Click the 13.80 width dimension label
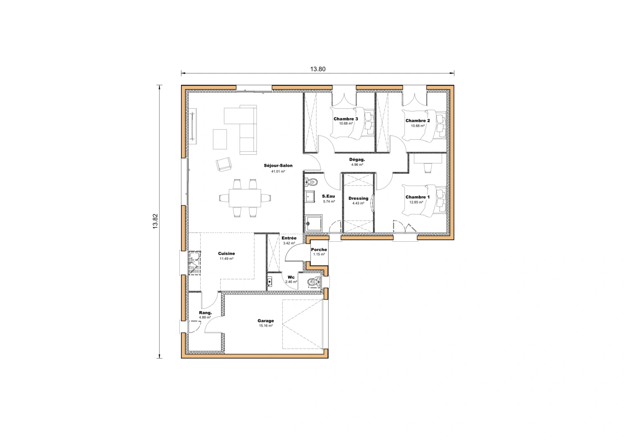tap(318, 69)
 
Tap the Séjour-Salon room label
tap(278, 166)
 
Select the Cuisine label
tap(226, 254)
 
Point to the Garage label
tap(266, 321)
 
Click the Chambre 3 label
tap(346, 119)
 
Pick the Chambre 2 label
tap(418, 121)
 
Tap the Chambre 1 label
tap(418, 197)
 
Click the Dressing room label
tap(358, 198)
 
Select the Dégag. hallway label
tap(357, 160)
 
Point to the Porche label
tap(319, 250)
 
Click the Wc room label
tap(291, 277)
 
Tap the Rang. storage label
tap(205, 313)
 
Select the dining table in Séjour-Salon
tap(245, 198)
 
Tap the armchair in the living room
tap(224, 164)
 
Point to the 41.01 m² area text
tap(278, 171)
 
